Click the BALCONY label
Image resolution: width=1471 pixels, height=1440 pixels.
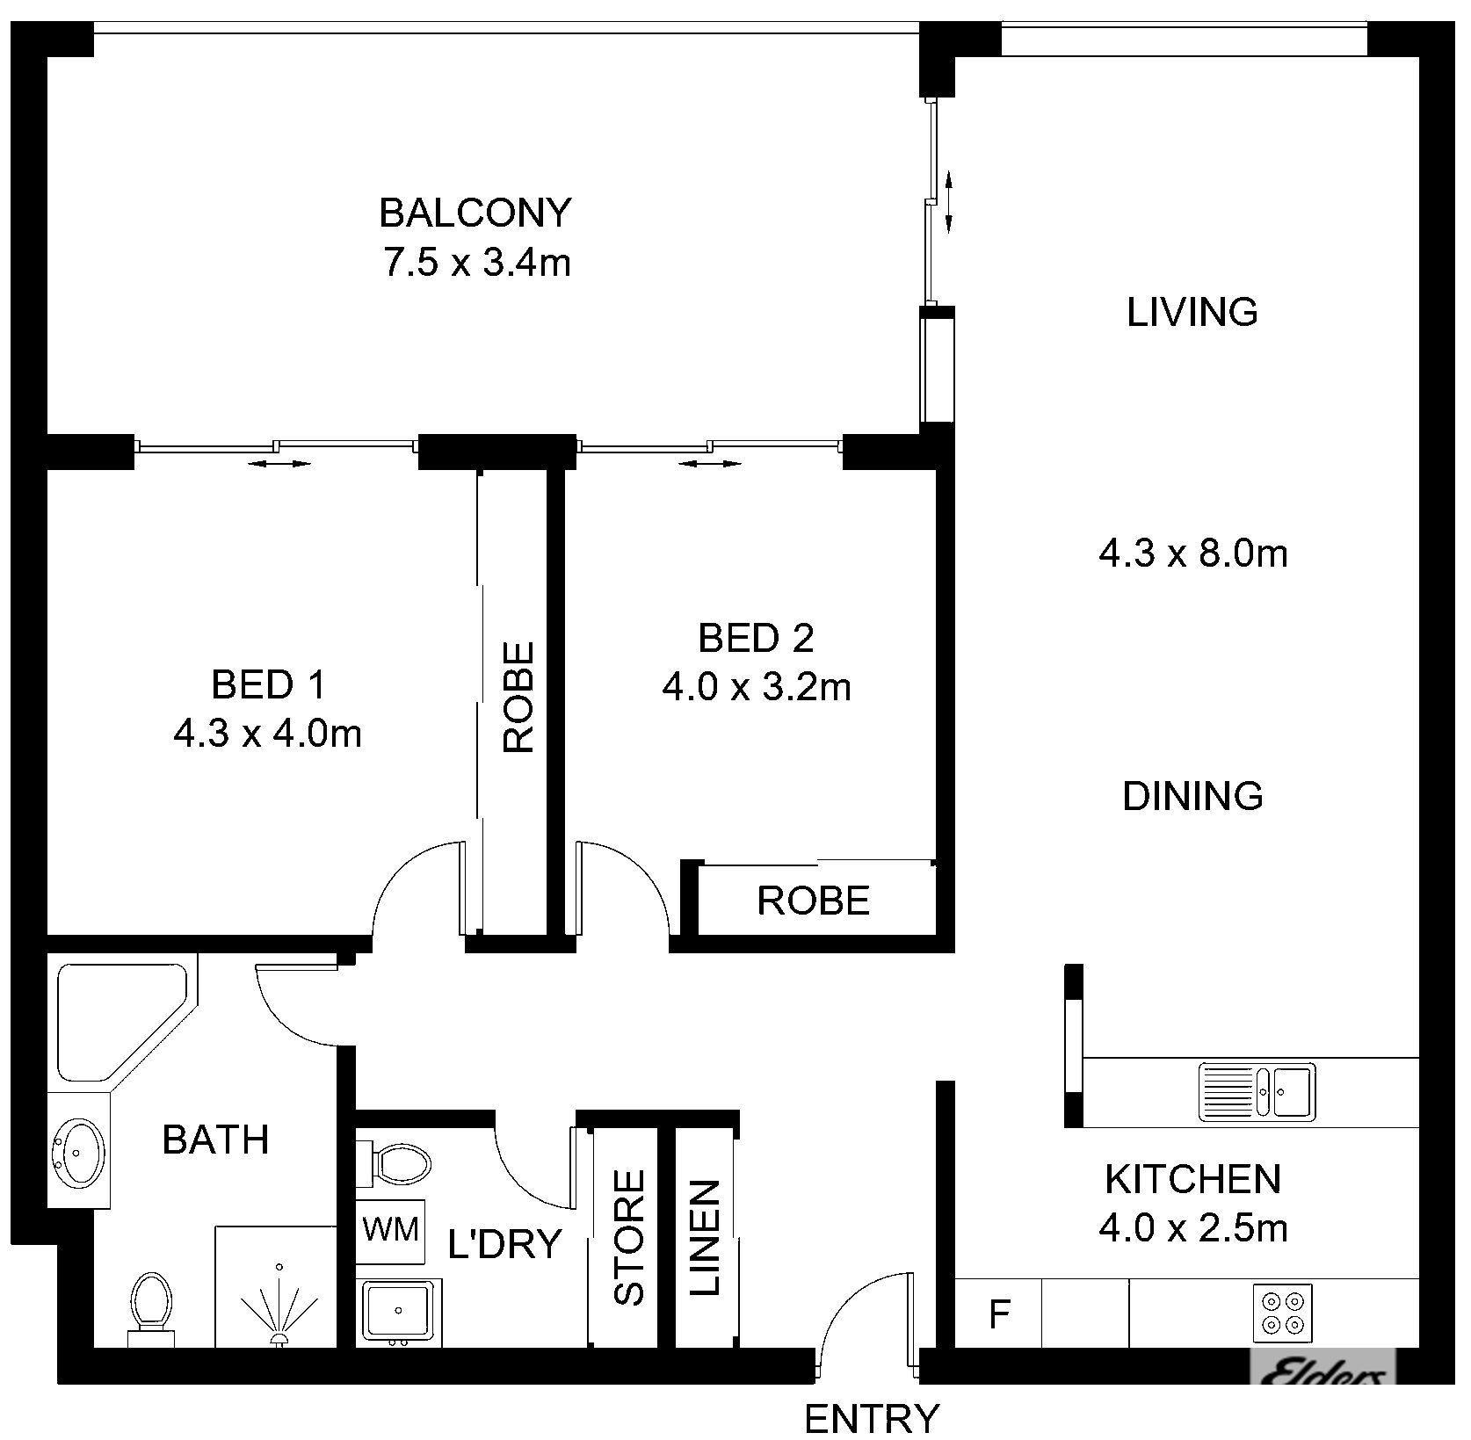pyautogui.click(x=475, y=213)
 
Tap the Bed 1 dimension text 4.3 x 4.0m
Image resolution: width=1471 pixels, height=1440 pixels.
pyautogui.click(x=268, y=734)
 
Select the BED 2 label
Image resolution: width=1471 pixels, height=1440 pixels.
pyautogui.click(x=756, y=638)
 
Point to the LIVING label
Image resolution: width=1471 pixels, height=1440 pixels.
pyautogui.click(x=1192, y=312)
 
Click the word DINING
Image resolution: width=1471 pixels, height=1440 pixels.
pyautogui.click(x=1193, y=796)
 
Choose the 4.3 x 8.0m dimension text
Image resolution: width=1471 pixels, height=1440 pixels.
pyautogui.click(x=1193, y=554)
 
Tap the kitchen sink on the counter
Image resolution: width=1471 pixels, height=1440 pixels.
pyautogui.click(x=1257, y=1091)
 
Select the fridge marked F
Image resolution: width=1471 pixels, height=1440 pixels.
pyautogui.click(x=998, y=1313)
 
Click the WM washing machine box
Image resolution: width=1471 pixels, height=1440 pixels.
pyautogui.click(x=390, y=1227)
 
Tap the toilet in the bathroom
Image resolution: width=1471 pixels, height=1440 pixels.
pyautogui.click(x=151, y=1309)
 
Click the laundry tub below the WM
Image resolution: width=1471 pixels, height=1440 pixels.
pyautogui.click(x=399, y=1311)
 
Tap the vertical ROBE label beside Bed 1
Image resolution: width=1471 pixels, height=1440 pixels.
pyautogui.click(x=519, y=698)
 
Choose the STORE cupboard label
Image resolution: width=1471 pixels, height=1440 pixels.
pyautogui.click(x=629, y=1237)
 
